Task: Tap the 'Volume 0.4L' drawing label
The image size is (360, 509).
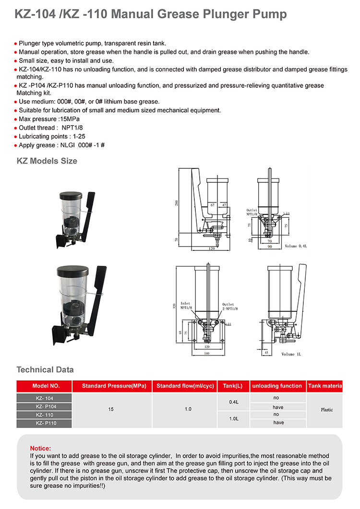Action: (x=298, y=246)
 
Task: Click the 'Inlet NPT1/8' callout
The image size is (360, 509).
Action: (x=186, y=305)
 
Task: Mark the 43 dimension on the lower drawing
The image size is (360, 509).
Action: (x=267, y=352)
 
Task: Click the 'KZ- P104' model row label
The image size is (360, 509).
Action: (x=44, y=407)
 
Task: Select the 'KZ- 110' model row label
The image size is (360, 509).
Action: (x=44, y=414)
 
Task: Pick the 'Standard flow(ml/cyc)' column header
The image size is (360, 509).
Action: (x=185, y=386)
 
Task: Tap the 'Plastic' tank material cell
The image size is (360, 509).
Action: (x=327, y=410)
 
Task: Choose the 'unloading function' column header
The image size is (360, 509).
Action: (x=277, y=386)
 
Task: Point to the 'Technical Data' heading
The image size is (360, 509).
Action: (x=45, y=369)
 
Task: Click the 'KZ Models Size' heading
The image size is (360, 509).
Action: (x=47, y=161)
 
